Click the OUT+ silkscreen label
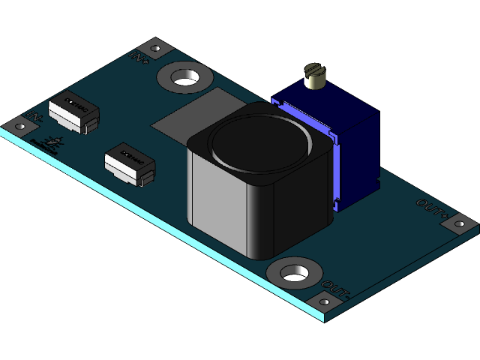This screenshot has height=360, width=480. pyautogui.click(x=431, y=207)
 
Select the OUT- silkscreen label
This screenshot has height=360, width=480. pyautogui.click(x=335, y=287)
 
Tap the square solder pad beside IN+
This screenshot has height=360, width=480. pyautogui.click(x=156, y=49)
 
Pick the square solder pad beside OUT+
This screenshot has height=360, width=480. pyautogui.click(x=457, y=223)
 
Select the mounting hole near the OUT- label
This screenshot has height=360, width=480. pyautogui.click(x=294, y=273)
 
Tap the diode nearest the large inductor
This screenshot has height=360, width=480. pyautogui.click(x=129, y=163)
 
